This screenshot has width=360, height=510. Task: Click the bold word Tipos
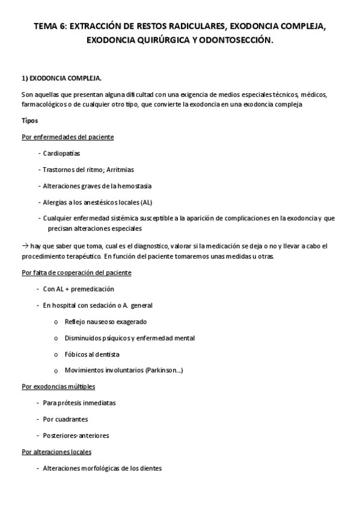pos(29,120)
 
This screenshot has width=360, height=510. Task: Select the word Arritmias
pos(123,170)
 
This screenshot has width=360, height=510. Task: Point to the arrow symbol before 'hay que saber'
pos(25,247)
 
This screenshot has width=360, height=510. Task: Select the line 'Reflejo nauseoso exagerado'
pos(105,321)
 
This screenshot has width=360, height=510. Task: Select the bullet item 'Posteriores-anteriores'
pos(76,435)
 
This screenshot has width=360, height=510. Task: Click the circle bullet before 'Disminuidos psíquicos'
pos(56,338)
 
